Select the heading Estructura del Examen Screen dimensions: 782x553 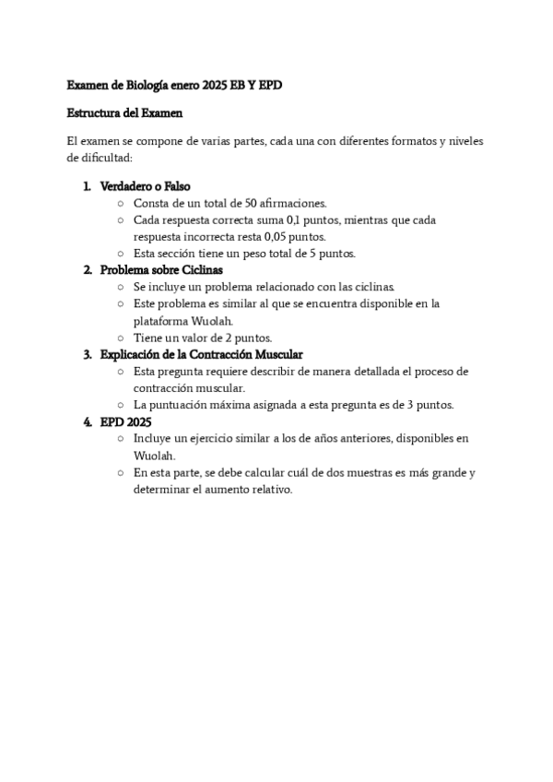125,113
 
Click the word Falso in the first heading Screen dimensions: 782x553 177,186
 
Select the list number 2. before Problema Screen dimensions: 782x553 88,270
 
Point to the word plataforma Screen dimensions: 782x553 161,321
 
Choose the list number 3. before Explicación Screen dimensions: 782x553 88,354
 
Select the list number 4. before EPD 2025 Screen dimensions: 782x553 88,421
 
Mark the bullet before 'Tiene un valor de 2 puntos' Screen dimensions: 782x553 121,338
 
